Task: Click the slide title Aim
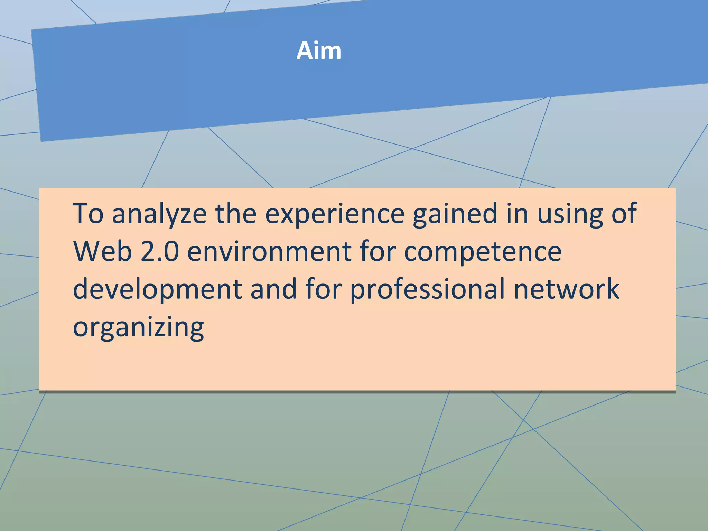[x=319, y=51]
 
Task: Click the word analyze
[x=159, y=214]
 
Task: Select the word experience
[x=335, y=214]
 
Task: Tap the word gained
[x=456, y=214]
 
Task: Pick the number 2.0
[x=160, y=251]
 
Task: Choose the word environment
[x=269, y=251]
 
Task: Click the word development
[x=157, y=289]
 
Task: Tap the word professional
[x=428, y=289]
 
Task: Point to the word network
[x=566, y=289]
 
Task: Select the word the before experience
[x=236, y=213]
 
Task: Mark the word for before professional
[x=324, y=289]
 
